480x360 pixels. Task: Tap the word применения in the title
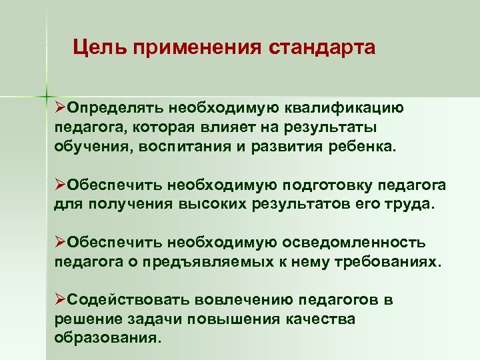(x=198, y=48)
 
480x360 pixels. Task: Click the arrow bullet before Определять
(x=60, y=107)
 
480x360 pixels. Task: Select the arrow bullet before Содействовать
(x=60, y=299)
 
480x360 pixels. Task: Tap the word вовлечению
(x=239, y=299)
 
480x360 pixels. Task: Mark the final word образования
(x=107, y=338)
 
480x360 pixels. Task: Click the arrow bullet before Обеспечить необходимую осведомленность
(x=60, y=242)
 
